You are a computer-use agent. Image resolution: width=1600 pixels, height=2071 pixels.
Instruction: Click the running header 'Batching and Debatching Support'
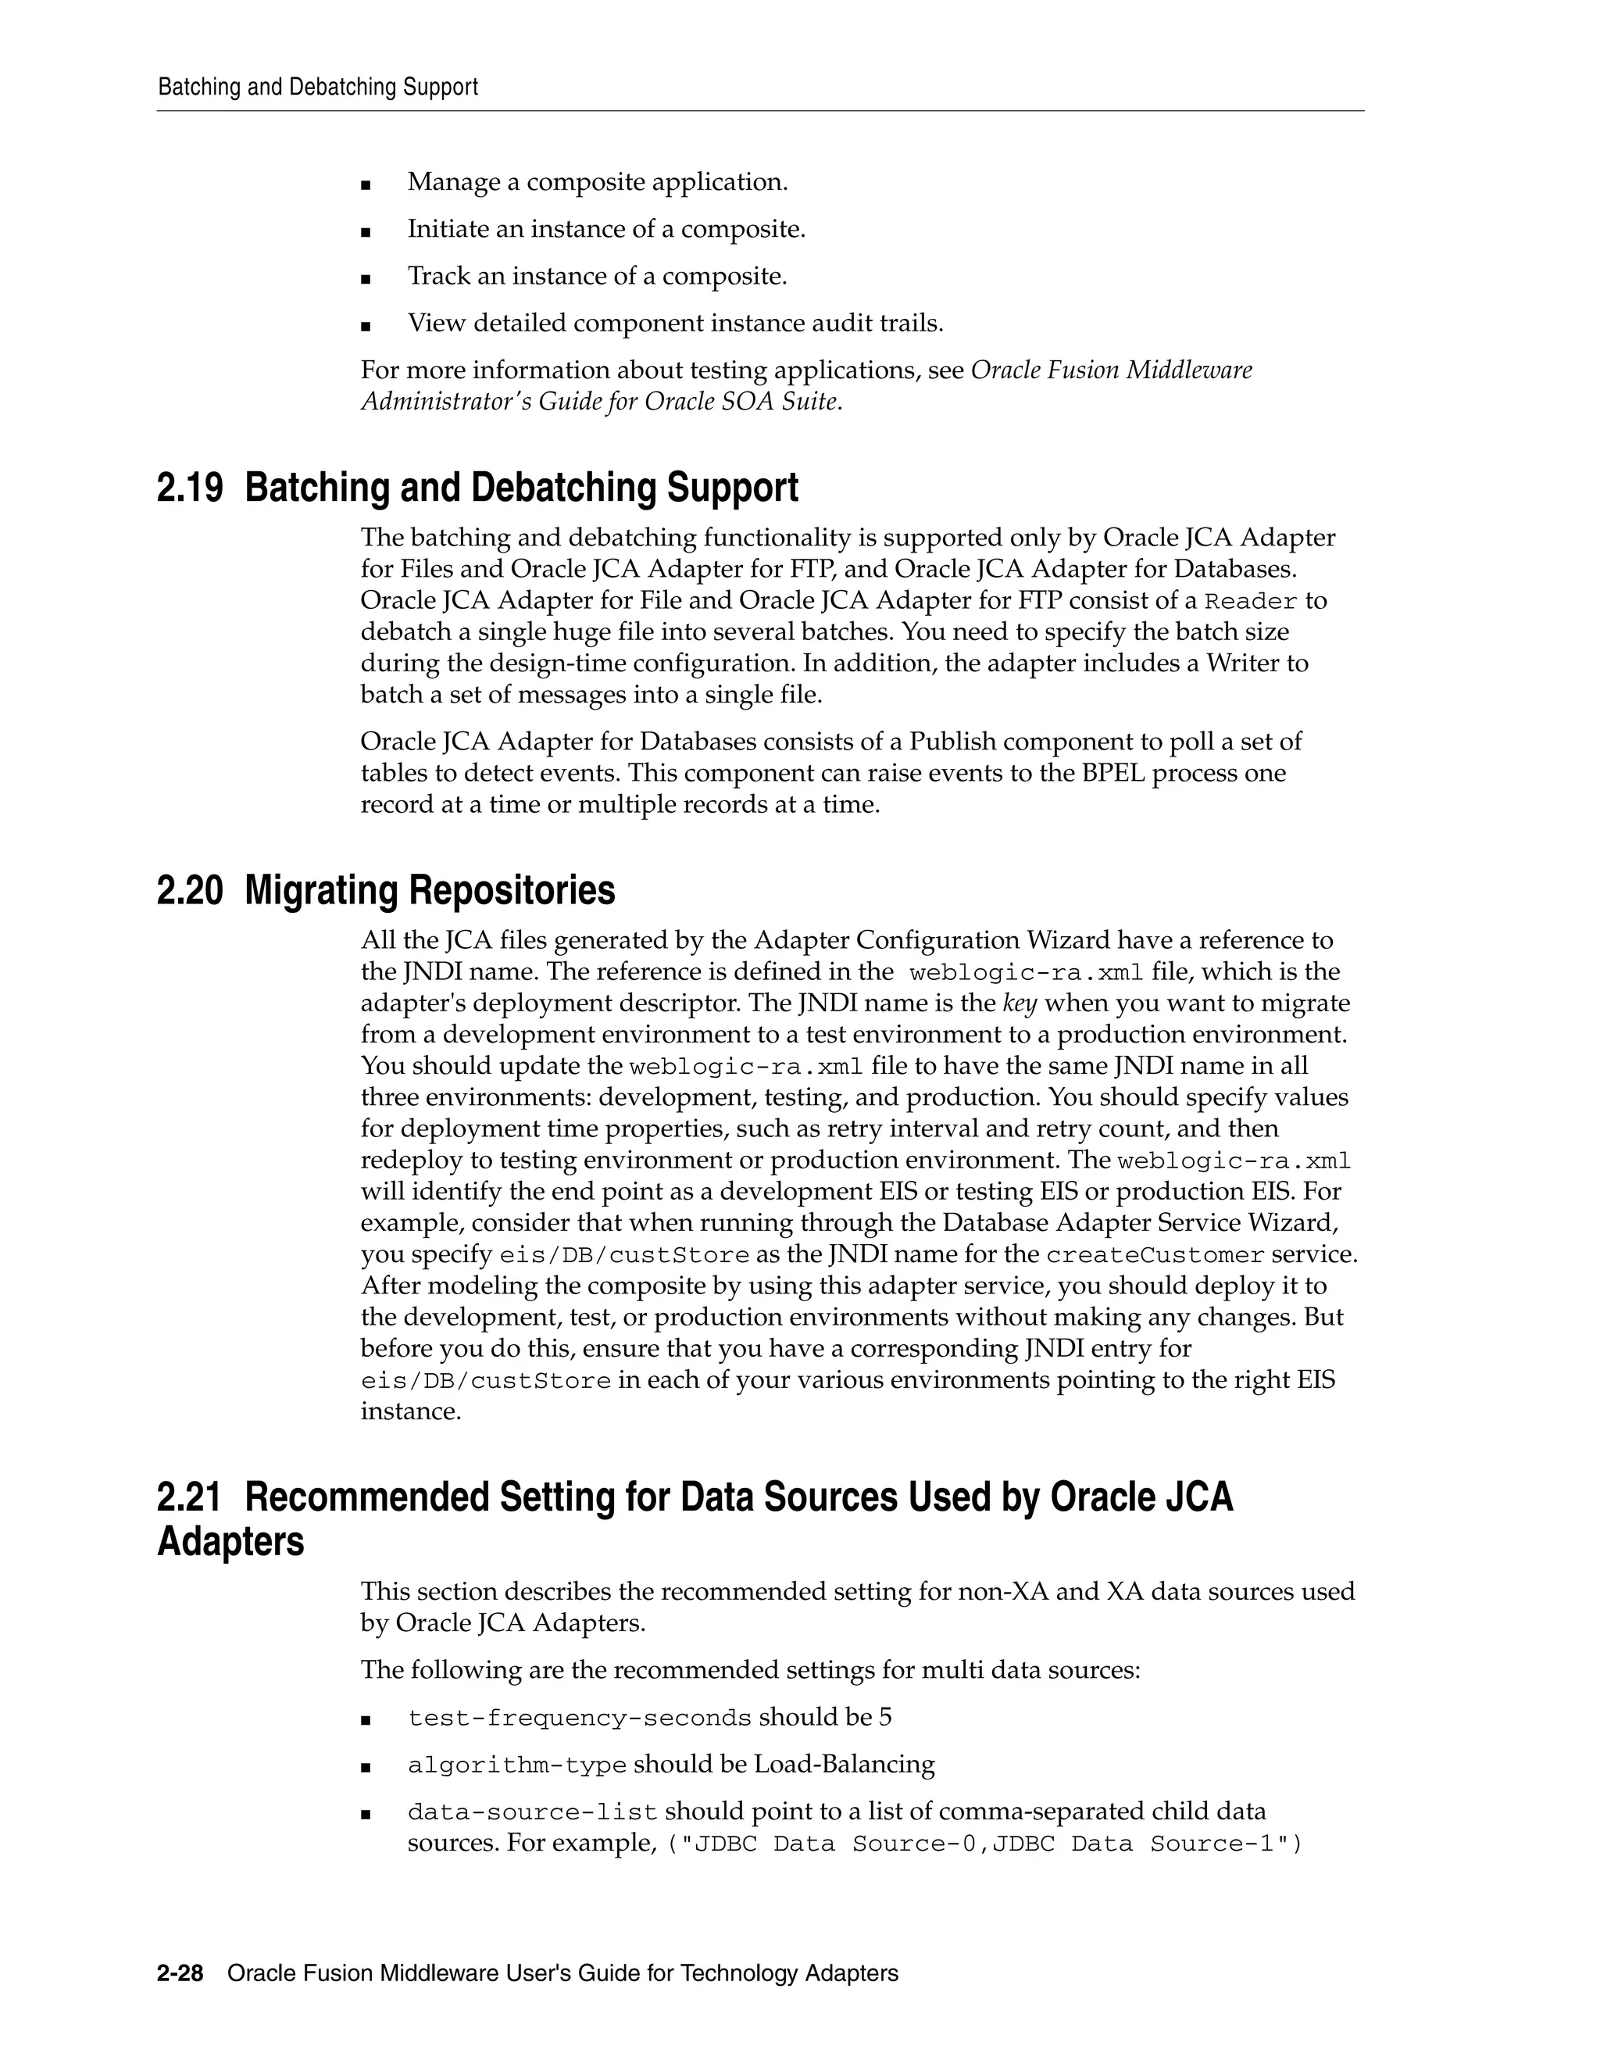(x=317, y=88)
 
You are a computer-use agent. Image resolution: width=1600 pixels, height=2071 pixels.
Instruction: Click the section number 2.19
(x=190, y=488)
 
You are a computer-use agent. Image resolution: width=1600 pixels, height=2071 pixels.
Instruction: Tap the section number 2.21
(x=188, y=1497)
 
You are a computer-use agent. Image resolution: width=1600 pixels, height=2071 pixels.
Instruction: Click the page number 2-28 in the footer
(x=180, y=1973)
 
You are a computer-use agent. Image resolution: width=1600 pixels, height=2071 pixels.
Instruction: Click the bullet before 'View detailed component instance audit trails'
(x=366, y=326)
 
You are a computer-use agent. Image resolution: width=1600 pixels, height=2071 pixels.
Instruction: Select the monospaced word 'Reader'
(x=1250, y=602)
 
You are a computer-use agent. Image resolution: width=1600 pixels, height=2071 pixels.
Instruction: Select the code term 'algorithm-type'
(x=516, y=1765)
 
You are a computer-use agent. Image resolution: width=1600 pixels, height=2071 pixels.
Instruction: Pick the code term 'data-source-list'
(x=532, y=1812)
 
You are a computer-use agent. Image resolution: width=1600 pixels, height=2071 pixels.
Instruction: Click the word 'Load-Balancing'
(x=844, y=1765)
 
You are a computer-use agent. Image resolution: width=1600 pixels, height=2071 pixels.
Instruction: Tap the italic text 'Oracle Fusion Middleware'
(x=1111, y=370)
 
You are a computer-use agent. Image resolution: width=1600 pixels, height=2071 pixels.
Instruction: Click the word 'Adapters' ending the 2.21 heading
(x=230, y=1542)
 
